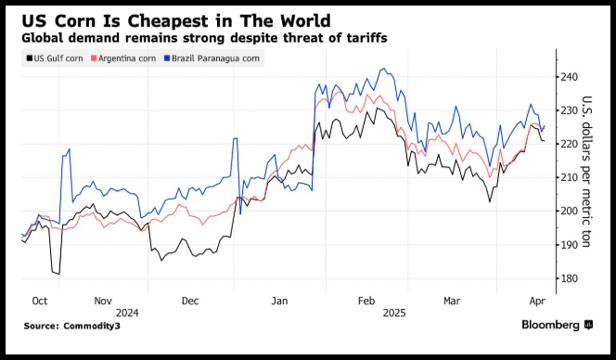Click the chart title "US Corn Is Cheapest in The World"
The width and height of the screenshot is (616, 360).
point(176,20)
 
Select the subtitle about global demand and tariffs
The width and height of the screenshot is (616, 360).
point(204,38)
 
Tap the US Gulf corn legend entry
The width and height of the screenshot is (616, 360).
point(55,58)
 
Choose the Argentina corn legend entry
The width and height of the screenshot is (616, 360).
point(123,58)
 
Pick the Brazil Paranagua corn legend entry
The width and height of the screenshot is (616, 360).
point(212,58)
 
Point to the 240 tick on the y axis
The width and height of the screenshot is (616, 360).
point(570,77)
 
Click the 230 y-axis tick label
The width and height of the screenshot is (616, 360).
point(570,110)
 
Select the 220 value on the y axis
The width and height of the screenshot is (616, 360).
point(570,144)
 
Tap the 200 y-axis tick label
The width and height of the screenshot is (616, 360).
point(570,211)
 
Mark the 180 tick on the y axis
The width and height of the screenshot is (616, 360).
point(570,278)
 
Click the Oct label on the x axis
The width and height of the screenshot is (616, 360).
point(39,301)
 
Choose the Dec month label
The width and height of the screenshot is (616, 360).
point(190,301)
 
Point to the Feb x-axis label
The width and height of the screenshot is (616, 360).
point(366,301)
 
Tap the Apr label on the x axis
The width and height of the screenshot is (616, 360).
point(537,301)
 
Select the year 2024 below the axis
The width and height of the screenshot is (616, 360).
point(127,313)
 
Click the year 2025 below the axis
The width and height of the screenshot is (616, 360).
point(394,313)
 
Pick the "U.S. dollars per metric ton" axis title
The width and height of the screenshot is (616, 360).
point(585,172)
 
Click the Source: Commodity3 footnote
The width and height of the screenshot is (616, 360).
point(71,326)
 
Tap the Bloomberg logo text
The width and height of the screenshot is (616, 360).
point(550,325)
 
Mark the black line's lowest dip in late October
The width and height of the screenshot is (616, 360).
point(59,274)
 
